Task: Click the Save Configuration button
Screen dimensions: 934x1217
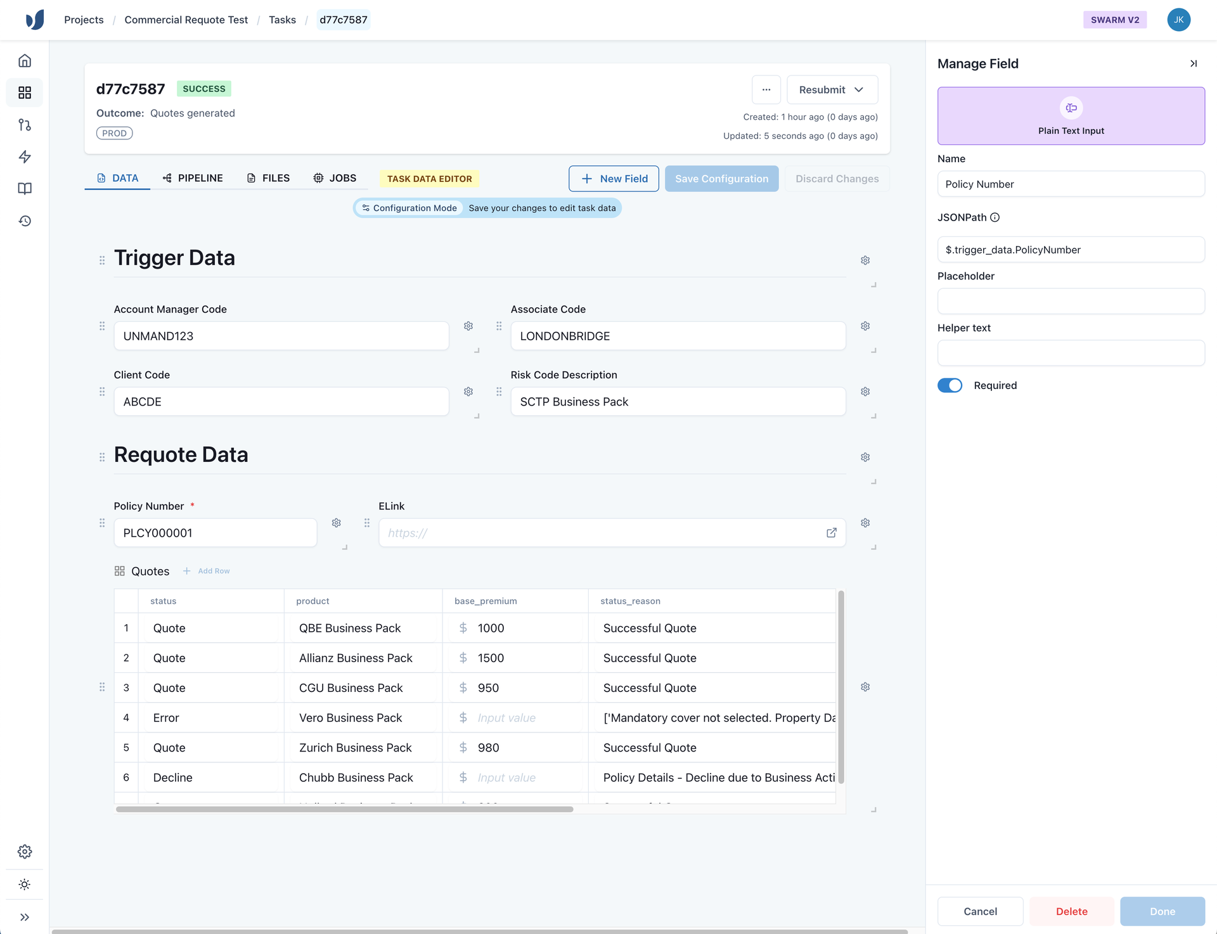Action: click(721, 179)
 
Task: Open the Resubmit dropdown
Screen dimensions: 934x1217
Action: click(832, 90)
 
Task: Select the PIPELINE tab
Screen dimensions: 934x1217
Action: click(193, 178)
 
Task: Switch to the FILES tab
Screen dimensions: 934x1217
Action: click(268, 178)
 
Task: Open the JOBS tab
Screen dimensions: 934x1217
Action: click(335, 178)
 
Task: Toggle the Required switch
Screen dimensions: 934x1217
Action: click(950, 385)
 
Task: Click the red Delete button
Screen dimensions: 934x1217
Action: click(1071, 911)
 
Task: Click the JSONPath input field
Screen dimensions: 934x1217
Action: click(1071, 250)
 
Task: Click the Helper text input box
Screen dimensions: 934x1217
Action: click(1071, 353)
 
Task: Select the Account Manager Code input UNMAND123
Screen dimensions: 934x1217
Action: click(281, 336)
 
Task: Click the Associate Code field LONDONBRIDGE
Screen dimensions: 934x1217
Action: click(678, 336)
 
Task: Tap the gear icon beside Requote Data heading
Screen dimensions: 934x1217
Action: click(865, 457)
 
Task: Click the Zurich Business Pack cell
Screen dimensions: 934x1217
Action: click(356, 748)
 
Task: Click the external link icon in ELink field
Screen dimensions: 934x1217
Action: click(832, 533)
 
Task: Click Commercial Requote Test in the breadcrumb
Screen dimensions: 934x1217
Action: click(186, 20)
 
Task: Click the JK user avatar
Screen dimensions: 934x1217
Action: click(1178, 20)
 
